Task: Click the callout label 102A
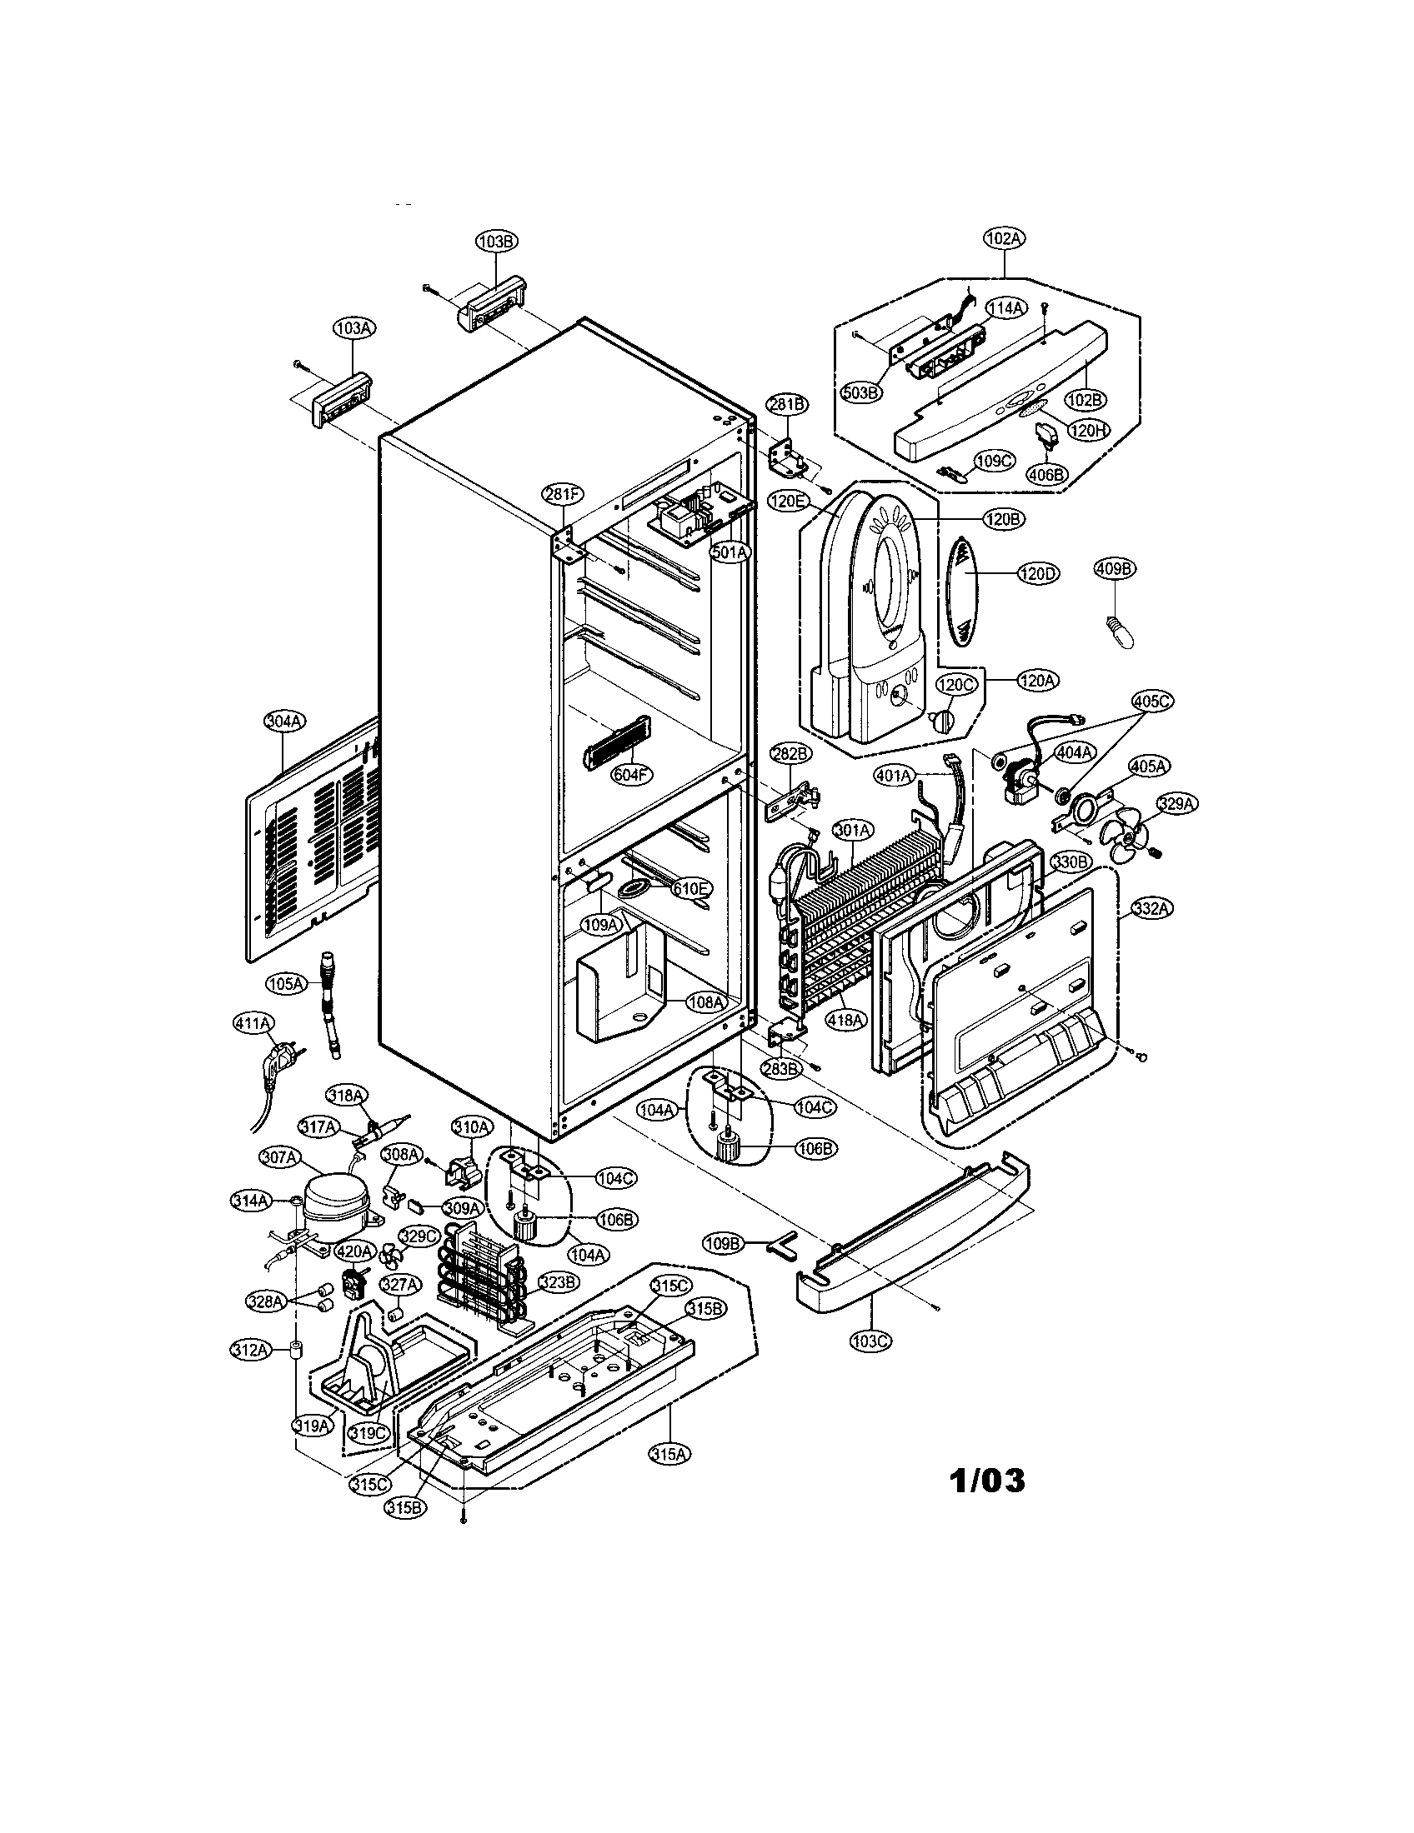[x=1005, y=238]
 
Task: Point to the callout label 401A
[x=894, y=777]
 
